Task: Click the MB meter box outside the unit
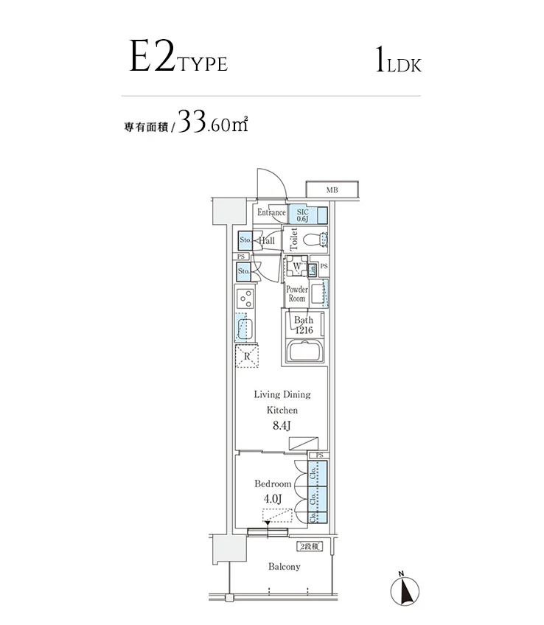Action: point(332,190)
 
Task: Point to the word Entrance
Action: point(271,213)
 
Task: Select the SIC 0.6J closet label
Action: point(302,214)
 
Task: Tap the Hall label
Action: point(266,240)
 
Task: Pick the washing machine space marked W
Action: point(296,267)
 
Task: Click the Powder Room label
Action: point(296,294)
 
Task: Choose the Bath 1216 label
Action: point(304,326)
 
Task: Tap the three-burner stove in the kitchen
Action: point(245,298)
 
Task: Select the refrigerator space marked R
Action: point(247,357)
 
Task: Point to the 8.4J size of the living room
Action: point(282,425)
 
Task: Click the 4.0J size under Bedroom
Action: point(273,499)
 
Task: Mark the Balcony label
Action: point(284,567)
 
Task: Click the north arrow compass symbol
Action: point(404,589)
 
